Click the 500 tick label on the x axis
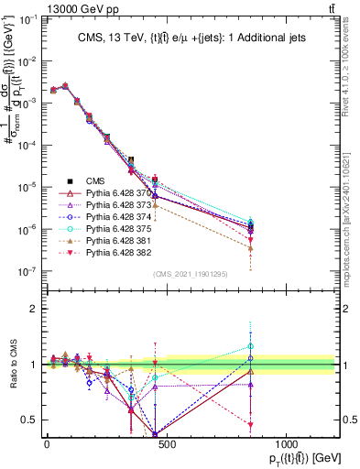point(166,445)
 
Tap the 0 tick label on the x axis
point(47,445)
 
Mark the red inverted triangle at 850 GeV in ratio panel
point(250,425)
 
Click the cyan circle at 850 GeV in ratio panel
point(250,347)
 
